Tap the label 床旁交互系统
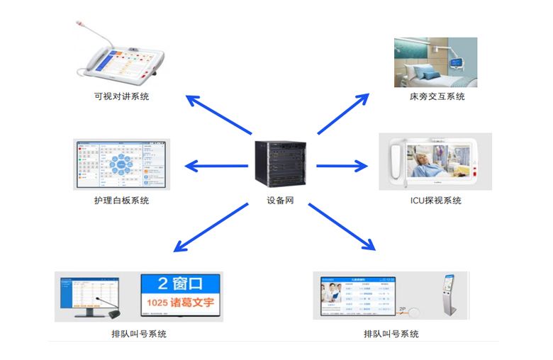437,96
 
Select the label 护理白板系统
121,201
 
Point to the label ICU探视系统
435,201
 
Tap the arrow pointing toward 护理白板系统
216,167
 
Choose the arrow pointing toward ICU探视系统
342,167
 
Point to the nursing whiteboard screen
121,164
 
